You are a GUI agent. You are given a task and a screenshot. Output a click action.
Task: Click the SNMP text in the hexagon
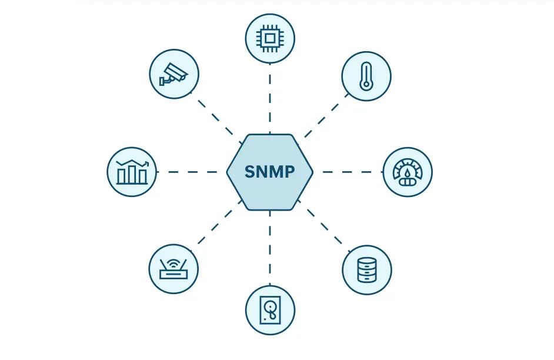click(269, 172)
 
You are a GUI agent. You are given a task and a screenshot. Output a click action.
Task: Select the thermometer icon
click(366, 76)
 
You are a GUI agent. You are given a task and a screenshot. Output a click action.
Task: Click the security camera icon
click(173, 74)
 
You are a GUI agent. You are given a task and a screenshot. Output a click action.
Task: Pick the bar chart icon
click(132, 172)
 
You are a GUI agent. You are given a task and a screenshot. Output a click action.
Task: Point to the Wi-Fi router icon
click(173, 269)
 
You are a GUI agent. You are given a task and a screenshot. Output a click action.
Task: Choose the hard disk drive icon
click(269, 309)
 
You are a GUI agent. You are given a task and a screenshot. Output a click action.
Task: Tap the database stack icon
click(366, 270)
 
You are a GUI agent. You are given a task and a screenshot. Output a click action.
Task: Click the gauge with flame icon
click(407, 172)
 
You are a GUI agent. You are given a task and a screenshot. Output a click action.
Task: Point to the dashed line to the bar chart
click(191, 172)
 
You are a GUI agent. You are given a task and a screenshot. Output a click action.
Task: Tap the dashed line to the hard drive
click(269, 247)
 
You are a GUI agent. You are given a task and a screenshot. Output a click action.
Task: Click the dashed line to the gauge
click(348, 172)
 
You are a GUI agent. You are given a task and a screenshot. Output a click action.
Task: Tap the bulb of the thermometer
click(366, 85)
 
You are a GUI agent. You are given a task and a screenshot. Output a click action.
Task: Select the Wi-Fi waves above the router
click(173, 259)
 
